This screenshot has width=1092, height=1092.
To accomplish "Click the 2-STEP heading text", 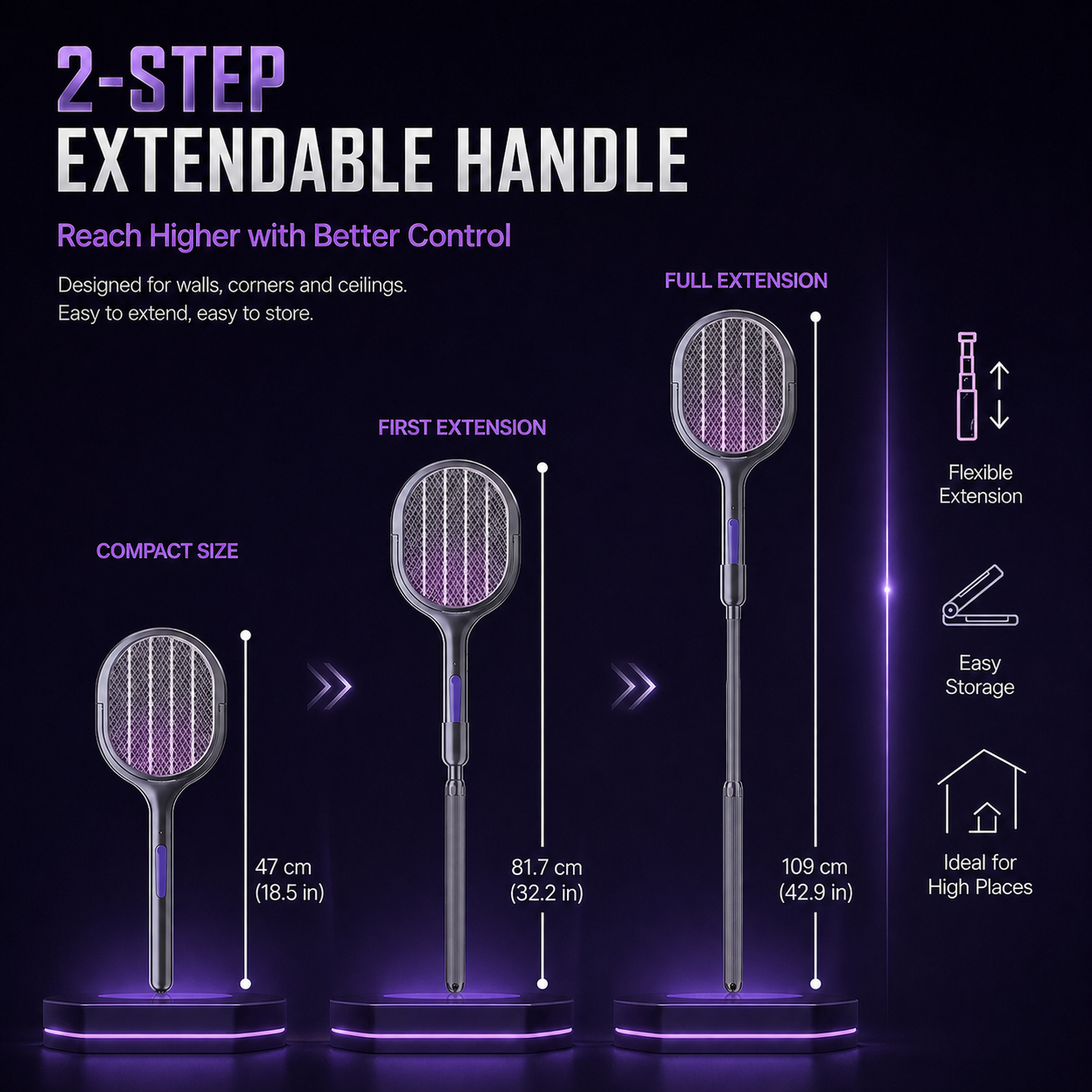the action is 171,79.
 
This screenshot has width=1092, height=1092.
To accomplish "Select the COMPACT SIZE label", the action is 167,551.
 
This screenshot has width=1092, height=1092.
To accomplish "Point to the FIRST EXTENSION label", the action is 462,428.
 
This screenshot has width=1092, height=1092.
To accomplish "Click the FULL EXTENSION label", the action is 745,281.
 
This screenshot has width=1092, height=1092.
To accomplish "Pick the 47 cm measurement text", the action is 283,866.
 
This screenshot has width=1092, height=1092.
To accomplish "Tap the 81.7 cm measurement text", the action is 546,867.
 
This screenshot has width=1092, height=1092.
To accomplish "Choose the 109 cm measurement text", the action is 814,866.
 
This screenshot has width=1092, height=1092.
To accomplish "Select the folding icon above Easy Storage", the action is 980,597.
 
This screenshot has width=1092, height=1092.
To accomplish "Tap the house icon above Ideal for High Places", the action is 981,792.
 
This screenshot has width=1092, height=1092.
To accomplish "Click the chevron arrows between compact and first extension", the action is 329,686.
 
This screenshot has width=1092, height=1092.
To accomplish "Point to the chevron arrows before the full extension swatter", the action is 634,686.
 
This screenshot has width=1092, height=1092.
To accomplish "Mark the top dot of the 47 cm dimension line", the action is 246,636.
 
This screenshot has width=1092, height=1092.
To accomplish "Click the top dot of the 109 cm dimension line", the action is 815,317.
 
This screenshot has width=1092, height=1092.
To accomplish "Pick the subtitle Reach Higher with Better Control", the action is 284,236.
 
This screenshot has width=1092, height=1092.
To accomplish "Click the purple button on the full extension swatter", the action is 733,536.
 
